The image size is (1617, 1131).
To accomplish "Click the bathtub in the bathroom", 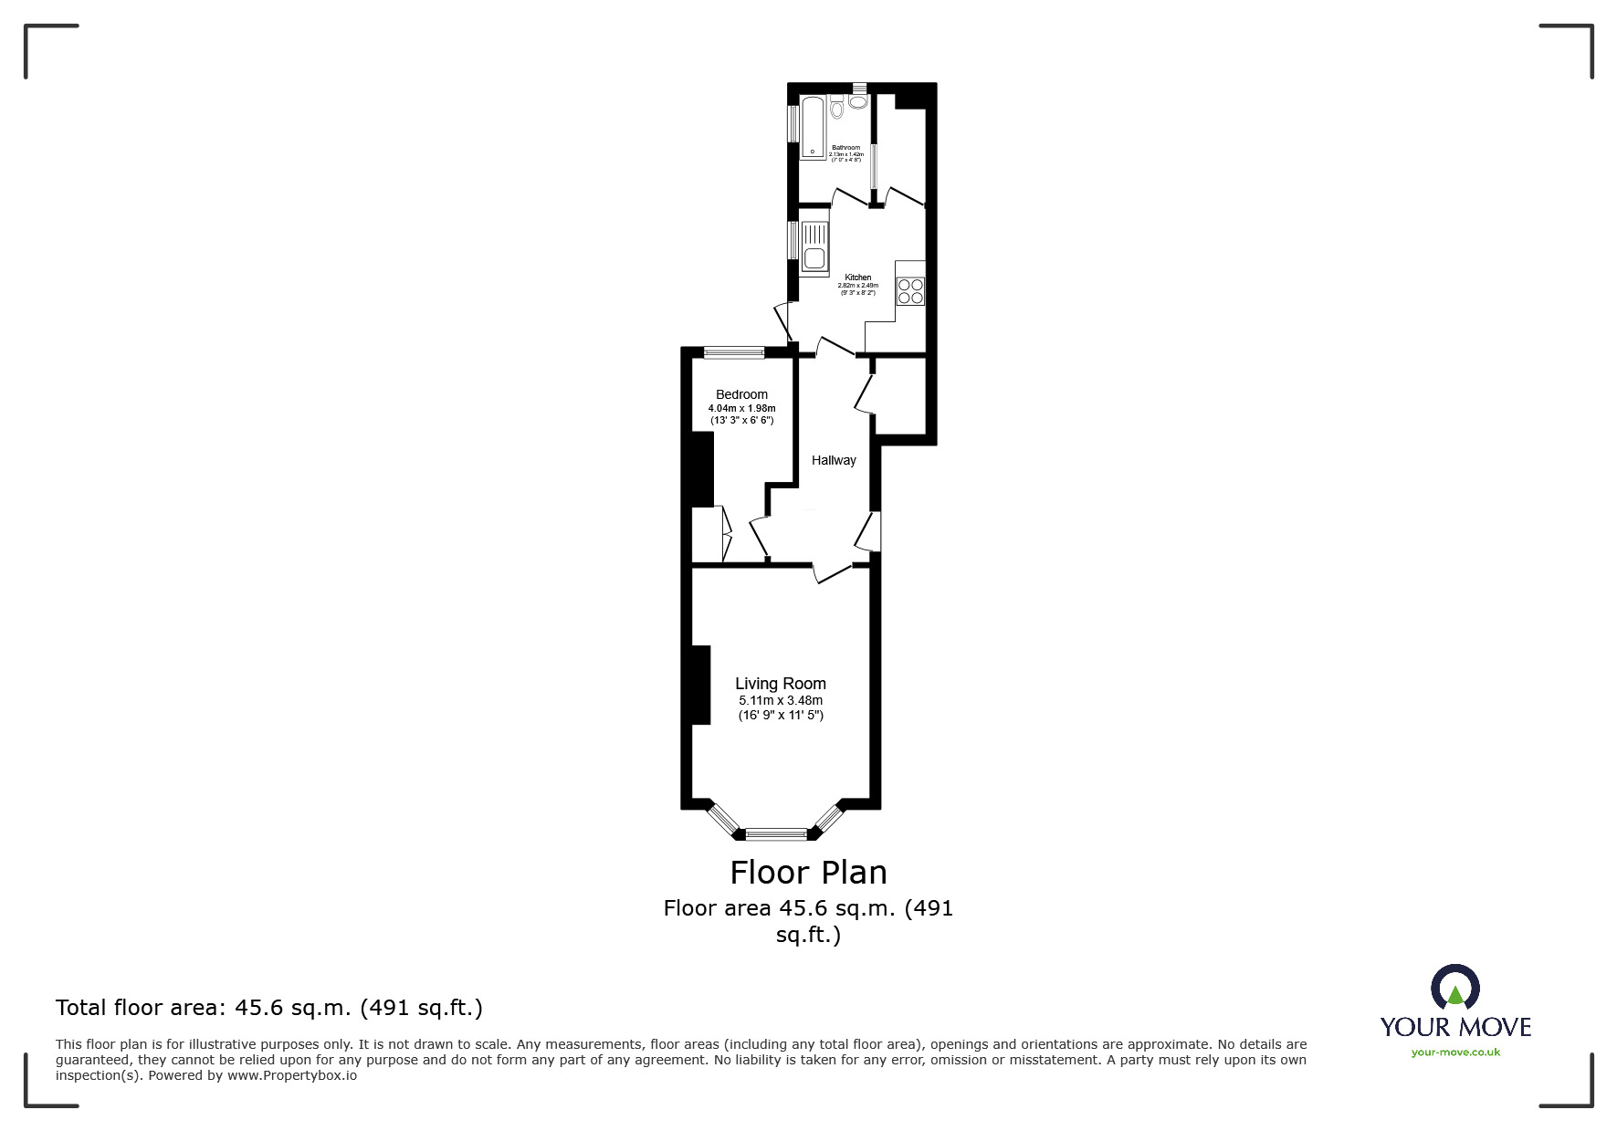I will (x=813, y=128).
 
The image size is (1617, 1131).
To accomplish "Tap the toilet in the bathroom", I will (x=837, y=110).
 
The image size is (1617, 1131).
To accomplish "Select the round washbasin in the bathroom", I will (x=857, y=101).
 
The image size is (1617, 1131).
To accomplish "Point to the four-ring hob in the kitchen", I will (x=910, y=291).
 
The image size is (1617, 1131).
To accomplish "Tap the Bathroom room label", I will (x=845, y=148).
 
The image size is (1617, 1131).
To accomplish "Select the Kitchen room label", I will (x=857, y=278).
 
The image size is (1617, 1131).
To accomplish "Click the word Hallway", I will (x=834, y=460).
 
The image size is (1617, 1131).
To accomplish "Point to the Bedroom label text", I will (x=741, y=394).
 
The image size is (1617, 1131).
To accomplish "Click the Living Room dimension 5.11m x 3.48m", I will (x=781, y=700).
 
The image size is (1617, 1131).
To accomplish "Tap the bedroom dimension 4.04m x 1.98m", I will (x=741, y=408).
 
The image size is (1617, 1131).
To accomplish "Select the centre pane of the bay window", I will (x=776, y=833).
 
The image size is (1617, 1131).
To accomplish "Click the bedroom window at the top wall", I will (x=734, y=351).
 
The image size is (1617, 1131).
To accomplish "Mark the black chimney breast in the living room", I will (x=700, y=685).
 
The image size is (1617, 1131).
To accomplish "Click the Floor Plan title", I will (x=808, y=873).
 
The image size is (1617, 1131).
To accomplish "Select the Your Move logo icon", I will (x=1454, y=989).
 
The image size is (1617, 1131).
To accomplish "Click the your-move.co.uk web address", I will (x=1455, y=1052).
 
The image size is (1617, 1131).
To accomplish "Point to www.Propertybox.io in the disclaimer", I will (x=292, y=1075).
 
